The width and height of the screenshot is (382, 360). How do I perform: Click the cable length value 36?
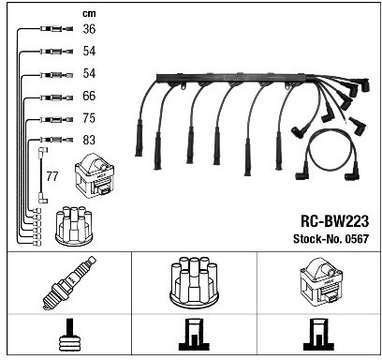(x=89, y=29)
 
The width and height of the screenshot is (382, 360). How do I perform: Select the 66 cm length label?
(x=89, y=96)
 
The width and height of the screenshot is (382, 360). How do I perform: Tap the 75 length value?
(x=89, y=118)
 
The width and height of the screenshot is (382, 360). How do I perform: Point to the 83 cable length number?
(x=89, y=140)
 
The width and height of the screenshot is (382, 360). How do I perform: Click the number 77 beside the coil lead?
(x=52, y=176)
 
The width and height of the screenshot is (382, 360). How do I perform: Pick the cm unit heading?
(x=89, y=14)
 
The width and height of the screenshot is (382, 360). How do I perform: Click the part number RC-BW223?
(x=334, y=221)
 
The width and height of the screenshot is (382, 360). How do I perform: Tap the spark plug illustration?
(x=69, y=283)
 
